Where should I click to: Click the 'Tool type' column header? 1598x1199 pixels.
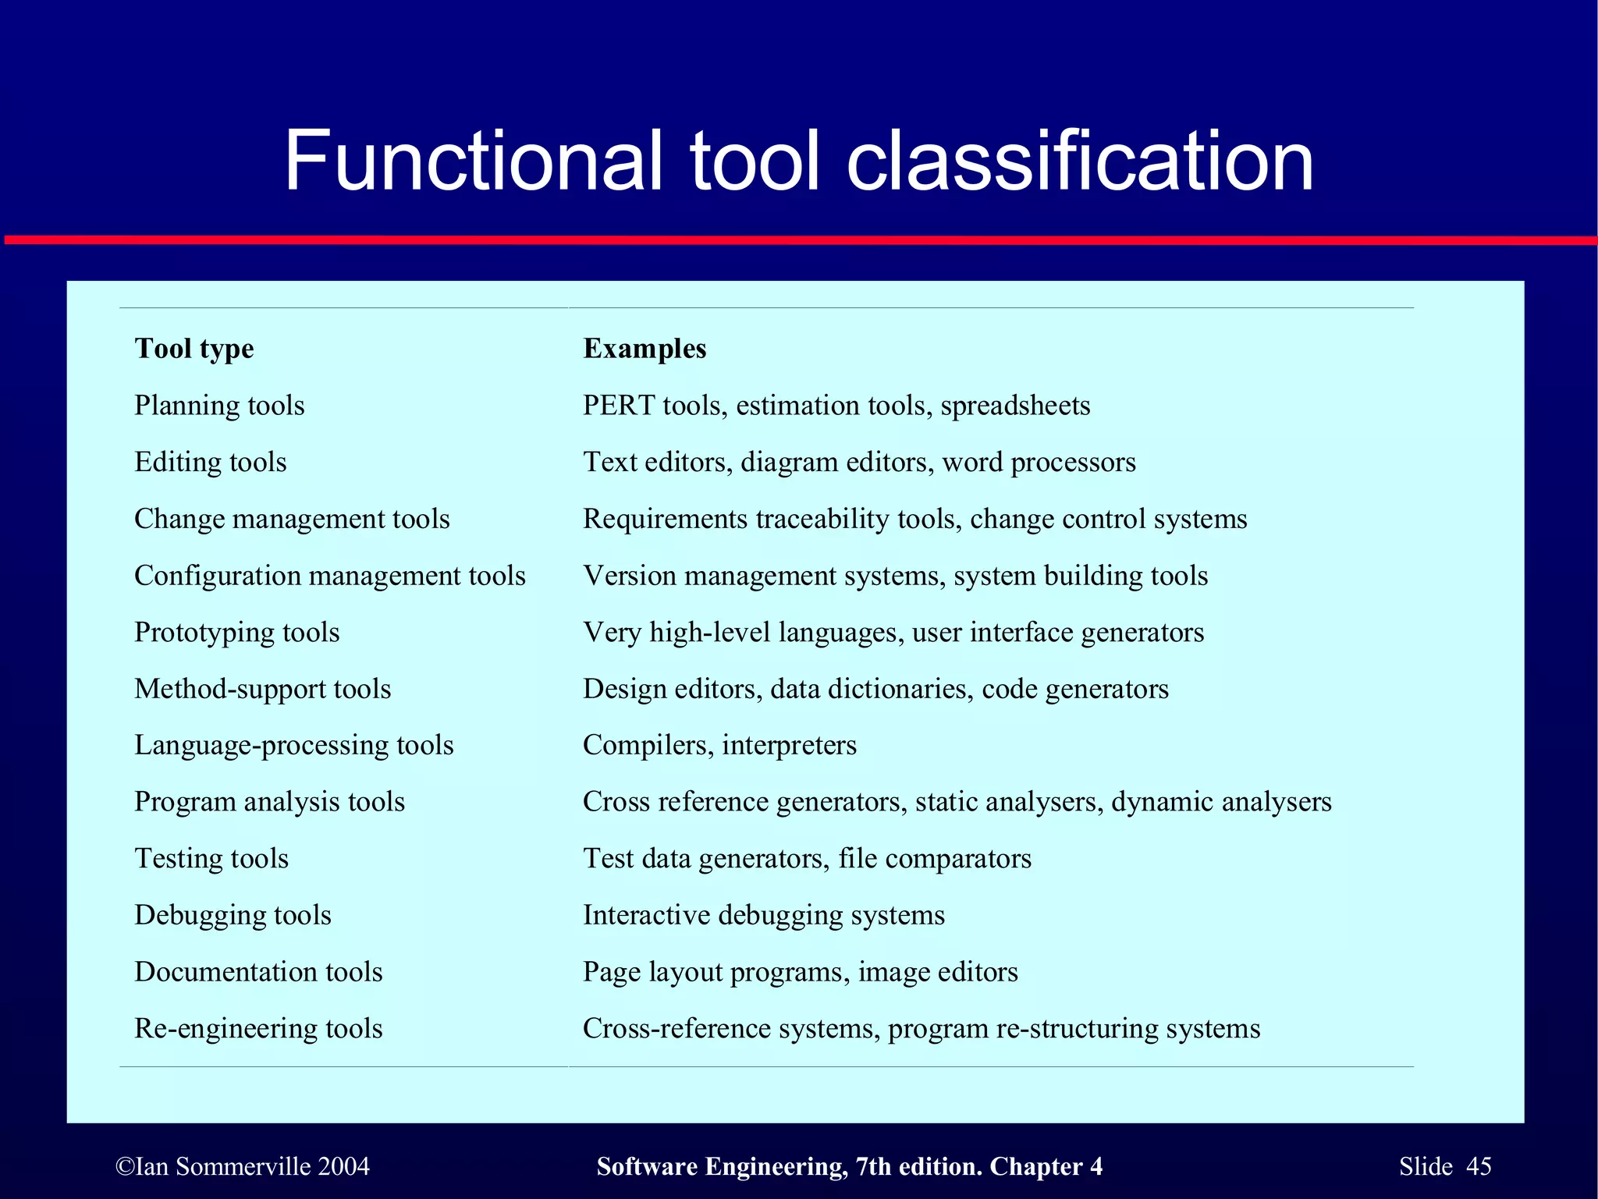[194, 349]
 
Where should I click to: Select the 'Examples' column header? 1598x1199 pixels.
[645, 349]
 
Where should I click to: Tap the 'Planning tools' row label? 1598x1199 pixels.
[219, 406]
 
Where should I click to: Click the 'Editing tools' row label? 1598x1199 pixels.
[211, 462]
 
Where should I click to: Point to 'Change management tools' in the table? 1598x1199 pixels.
[292, 519]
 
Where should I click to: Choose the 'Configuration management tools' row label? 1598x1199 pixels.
[330, 576]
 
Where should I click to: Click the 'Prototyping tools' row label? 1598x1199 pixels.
[237, 632]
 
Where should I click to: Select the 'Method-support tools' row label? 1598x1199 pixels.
[263, 689]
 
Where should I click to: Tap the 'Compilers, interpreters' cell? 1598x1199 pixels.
[719, 745]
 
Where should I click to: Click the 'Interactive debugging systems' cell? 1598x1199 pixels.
[764, 915]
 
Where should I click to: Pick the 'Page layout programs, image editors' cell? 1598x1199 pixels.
[801, 972]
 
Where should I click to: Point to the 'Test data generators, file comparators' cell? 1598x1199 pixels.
[807, 858]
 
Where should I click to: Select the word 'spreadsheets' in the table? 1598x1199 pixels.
[1015, 406]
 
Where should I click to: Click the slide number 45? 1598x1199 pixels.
[1479, 1166]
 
